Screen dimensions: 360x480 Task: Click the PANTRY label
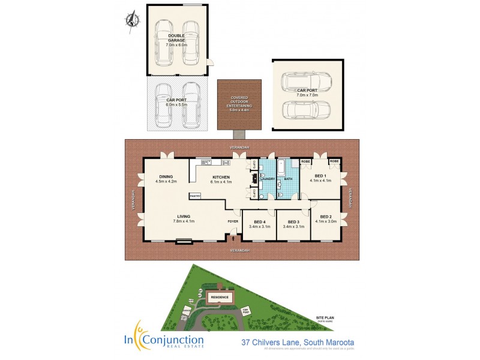click(x=195, y=196)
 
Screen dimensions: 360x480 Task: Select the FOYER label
click(x=232, y=221)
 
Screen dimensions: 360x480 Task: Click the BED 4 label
click(x=260, y=221)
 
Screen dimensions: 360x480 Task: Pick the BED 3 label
click(x=293, y=221)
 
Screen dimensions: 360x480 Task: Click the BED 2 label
click(x=326, y=217)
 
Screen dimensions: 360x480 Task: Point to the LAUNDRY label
click(x=268, y=178)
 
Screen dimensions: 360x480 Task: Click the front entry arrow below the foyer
click(x=233, y=239)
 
